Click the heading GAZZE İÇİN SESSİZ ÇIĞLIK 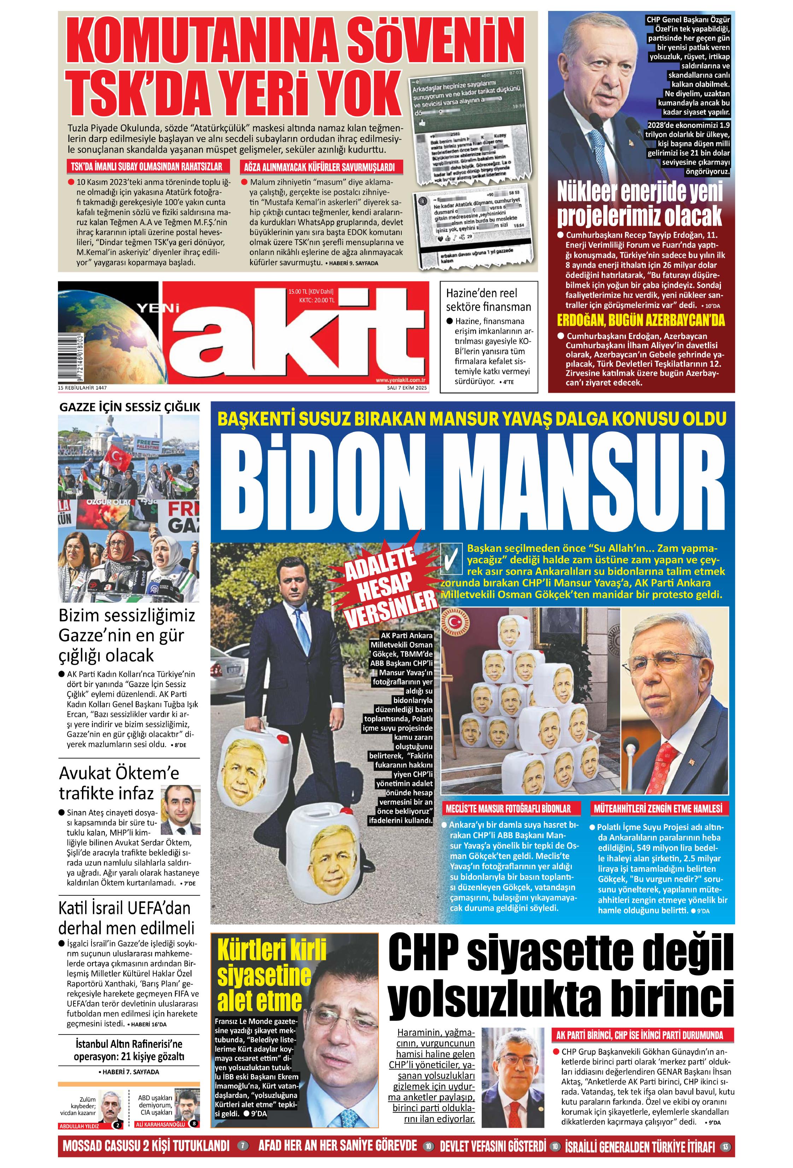(x=129, y=407)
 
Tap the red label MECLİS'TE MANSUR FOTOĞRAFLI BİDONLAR (x=507, y=809)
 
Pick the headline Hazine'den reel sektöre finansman (x=488, y=300)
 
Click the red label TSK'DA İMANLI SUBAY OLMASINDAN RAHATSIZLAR (x=146, y=167)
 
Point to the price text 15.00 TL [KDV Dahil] (x=311, y=291)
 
